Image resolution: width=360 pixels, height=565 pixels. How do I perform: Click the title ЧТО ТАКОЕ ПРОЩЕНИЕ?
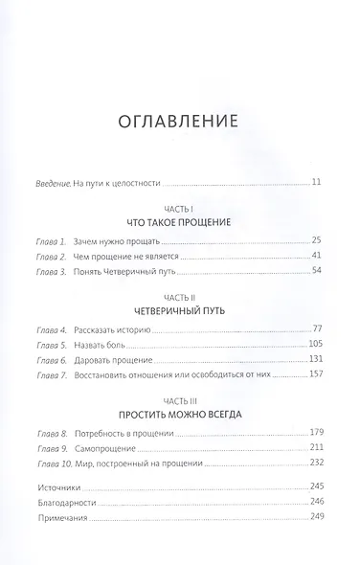pos(179,221)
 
